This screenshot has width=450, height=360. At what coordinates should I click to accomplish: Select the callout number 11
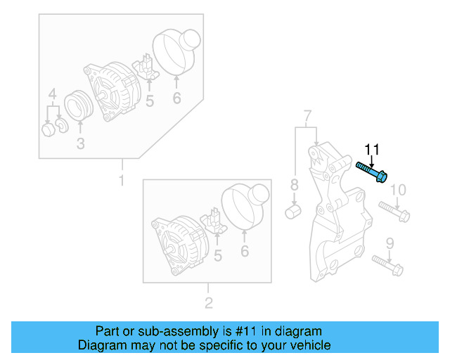[x=371, y=149]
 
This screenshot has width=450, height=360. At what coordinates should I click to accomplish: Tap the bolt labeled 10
[x=394, y=211]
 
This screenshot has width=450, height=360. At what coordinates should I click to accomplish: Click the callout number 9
[x=390, y=245]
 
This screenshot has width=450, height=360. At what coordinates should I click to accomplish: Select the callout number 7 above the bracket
[x=307, y=115]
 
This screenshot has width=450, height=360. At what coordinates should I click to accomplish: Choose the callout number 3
[x=80, y=144]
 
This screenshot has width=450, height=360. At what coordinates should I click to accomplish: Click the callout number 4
[x=52, y=94]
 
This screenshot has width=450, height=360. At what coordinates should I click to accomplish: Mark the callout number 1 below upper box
[x=121, y=181]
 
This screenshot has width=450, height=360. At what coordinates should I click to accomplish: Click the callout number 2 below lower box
[x=208, y=304]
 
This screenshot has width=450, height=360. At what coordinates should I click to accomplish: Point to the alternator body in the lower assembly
[x=176, y=242]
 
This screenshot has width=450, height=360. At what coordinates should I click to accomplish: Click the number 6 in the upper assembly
[x=176, y=98]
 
